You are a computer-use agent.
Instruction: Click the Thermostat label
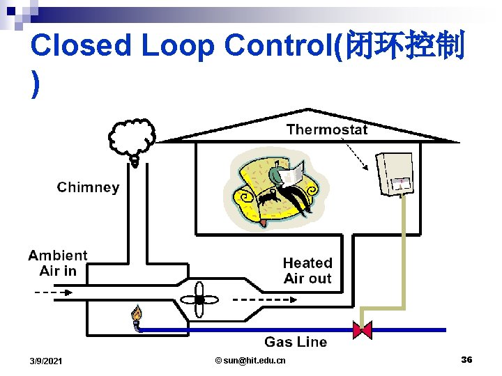pyautogui.click(x=326, y=130)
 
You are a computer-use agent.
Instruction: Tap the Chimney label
pyautogui.click(x=88, y=187)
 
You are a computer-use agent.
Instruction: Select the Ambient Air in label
pyautogui.click(x=58, y=263)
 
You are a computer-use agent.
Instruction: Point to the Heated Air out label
pyautogui.click(x=307, y=271)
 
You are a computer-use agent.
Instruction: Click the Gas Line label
pyautogui.click(x=296, y=342)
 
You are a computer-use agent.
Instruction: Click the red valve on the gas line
pyautogui.click(x=363, y=329)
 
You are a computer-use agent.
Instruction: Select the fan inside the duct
pyautogui.click(x=199, y=300)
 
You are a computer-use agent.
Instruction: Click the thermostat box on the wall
pyautogui.click(x=394, y=173)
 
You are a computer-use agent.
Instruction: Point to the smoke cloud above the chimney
pyautogui.click(x=132, y=137)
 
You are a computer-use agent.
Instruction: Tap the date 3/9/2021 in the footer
pyautogui.click(x=46, y=361)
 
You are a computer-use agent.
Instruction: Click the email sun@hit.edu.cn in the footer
pyautogui.click(x=250, y=360)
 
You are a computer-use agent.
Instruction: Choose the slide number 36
pyautogui.click(x=466, y=359)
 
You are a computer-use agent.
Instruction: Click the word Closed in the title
pyautogui.click(x=81, y=46)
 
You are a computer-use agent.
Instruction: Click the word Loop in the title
pyautogui.click(x=178, y=46)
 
